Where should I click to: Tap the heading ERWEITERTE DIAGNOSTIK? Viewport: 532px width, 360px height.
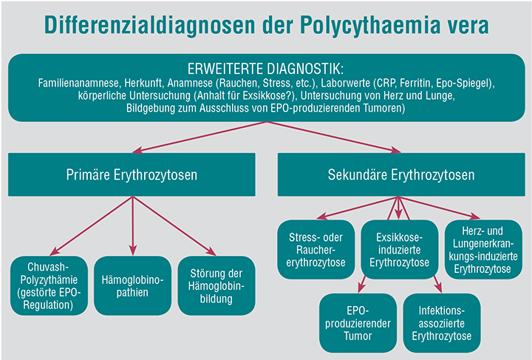point(265,69)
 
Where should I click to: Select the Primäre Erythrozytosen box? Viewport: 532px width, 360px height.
point(132,174)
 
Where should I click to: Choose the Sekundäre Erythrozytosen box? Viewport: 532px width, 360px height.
point(401,174)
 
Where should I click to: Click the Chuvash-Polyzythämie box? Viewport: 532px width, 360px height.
point(49,285)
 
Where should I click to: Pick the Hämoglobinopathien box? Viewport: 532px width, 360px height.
point(133,285)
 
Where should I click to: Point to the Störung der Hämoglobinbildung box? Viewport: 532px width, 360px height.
point(216,285)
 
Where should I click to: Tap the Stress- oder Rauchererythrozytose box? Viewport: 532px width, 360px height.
point(316,250)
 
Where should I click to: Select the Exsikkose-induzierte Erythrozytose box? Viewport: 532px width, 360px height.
point(399,250)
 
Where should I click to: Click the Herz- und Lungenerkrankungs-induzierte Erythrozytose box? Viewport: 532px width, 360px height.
point(483,250)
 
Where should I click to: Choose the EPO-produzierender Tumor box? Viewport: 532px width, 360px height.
point(358,323)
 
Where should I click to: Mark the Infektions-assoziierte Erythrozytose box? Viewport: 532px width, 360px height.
point(442,323)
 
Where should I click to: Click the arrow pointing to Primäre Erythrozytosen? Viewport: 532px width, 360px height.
point(199,137)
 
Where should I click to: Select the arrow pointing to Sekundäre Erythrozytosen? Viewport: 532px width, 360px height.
point(334,137)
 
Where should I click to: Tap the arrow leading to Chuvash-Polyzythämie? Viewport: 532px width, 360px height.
point(92,225)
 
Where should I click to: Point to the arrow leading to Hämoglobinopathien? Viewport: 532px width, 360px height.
point(133,225)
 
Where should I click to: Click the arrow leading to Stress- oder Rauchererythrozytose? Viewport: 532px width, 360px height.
point(358,208)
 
